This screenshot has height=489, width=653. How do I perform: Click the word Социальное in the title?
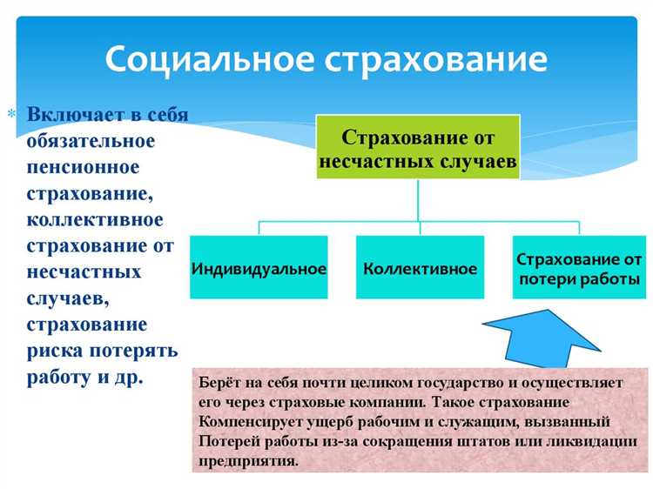pyautogui.click(x=206, y=60)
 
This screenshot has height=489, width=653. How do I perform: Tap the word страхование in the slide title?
pyautogui.click(x=436, y=60)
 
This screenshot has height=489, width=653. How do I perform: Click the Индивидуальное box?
pyautogui.click(x=259, y=268)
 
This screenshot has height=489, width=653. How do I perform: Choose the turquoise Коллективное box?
pyautogui.click(x=420, y=268)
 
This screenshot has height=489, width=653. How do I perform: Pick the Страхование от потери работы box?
pyautogui.click(x=578, y=268)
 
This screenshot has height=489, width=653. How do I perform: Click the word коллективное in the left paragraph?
pyautogui.click(x=94, y=218)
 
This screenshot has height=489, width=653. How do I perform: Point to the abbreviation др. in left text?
pyautogui.click(x=125, y=378)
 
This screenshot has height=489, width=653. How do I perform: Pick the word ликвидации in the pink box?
pyautogui.click(x=600, y=441)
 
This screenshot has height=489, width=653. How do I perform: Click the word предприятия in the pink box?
pyautogui.click(x=247, y=461)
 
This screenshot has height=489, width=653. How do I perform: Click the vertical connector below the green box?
pyautogui.click(x=418, y=200)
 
